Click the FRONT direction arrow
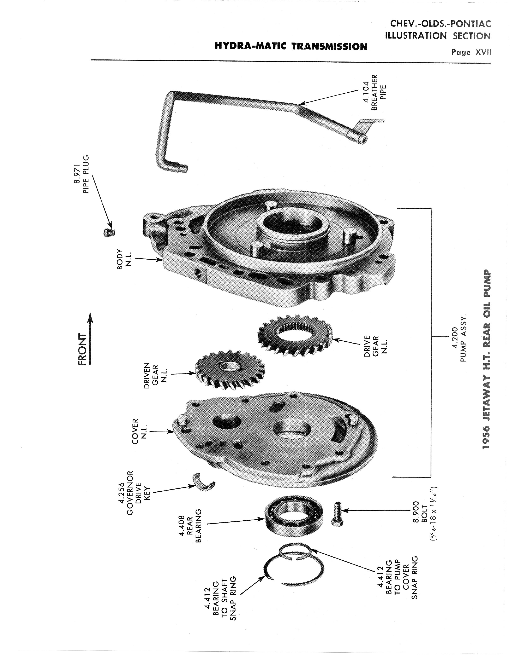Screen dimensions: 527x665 90,339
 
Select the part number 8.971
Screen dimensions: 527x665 77,174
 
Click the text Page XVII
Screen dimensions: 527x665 471,52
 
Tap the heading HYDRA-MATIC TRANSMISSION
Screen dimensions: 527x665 291,47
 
